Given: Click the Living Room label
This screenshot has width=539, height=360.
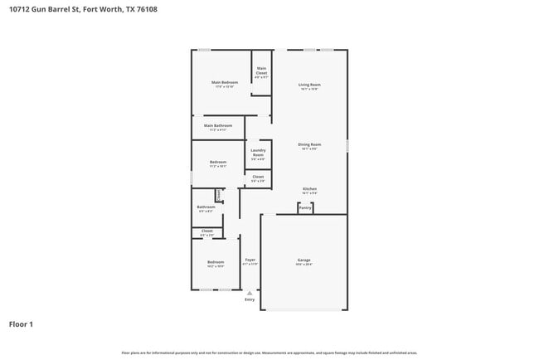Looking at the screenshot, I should [309, 85].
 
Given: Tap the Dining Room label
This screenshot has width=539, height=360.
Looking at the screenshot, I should [309, 144].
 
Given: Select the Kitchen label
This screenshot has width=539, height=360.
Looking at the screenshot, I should [309, 189].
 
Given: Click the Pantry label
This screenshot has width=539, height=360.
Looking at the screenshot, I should [305, 207].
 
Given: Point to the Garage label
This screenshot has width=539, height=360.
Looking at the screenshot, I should [303, 260].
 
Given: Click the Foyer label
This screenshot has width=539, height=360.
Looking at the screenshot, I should [250, 260].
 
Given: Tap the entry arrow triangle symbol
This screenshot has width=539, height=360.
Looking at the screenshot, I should [250, 292].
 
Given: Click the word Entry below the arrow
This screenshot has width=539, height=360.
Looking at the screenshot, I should [250, 299].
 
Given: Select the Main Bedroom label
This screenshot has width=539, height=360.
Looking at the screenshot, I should [224, 82].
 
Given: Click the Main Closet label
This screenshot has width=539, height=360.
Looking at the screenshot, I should [261, 71].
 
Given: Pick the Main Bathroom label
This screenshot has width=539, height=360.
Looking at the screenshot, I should [217, 126].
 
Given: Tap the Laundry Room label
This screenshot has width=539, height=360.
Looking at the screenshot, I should [258, 153].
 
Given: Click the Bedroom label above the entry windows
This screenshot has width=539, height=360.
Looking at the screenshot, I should [215, 262].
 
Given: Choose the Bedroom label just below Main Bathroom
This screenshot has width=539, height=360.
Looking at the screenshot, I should [217, 162].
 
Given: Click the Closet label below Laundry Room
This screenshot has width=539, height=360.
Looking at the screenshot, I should [258, 177].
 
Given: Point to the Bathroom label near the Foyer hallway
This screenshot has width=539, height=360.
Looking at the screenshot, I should [206, 207].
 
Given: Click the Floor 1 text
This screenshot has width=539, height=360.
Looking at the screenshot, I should [21, 324].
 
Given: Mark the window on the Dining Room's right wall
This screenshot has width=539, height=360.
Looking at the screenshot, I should [347, 145].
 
